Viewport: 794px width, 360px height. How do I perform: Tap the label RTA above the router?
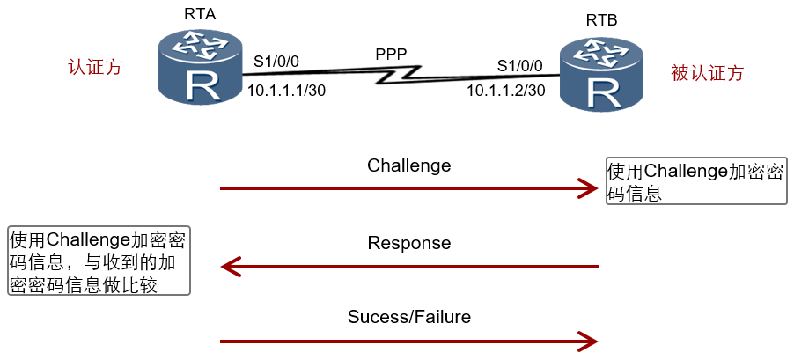200,14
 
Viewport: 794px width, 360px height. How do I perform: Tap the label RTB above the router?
601,21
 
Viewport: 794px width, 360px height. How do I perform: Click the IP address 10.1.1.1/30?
286,91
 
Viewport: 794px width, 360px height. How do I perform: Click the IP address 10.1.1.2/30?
506,91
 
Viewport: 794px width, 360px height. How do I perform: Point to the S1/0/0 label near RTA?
276,62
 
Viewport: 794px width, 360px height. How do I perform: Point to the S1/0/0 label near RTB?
519,65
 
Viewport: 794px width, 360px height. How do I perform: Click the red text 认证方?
95,67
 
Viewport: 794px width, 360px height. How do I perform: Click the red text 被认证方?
707,73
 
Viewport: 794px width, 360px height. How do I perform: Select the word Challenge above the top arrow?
409,165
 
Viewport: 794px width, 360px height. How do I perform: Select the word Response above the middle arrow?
409,243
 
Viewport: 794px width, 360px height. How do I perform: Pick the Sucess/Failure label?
409,317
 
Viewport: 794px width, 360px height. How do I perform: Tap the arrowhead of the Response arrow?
232,267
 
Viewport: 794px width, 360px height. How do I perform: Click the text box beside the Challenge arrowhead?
697,181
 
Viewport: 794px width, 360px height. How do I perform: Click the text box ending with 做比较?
99,261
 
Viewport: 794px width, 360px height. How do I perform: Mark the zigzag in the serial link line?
399,75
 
